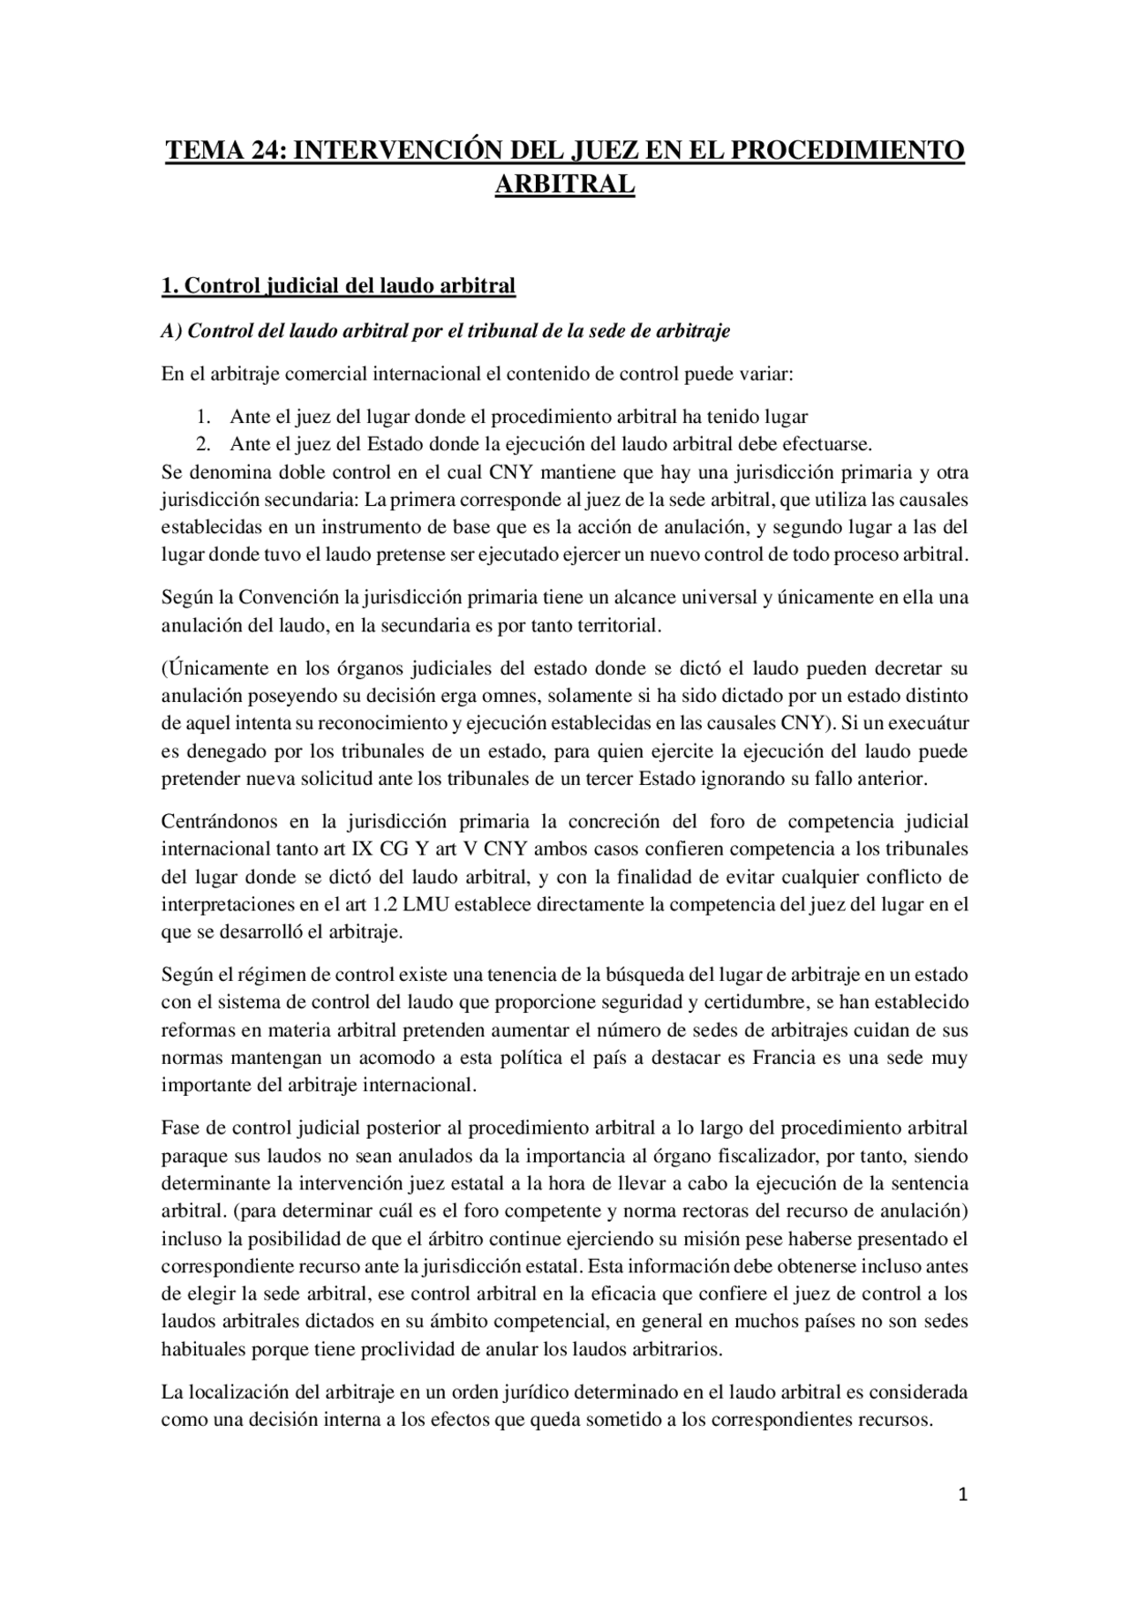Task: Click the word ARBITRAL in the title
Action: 564,185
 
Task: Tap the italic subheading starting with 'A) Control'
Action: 446,331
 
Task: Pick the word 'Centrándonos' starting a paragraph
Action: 218,821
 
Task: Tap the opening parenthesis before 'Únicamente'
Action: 164,668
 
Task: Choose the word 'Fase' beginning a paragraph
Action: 180,1128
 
